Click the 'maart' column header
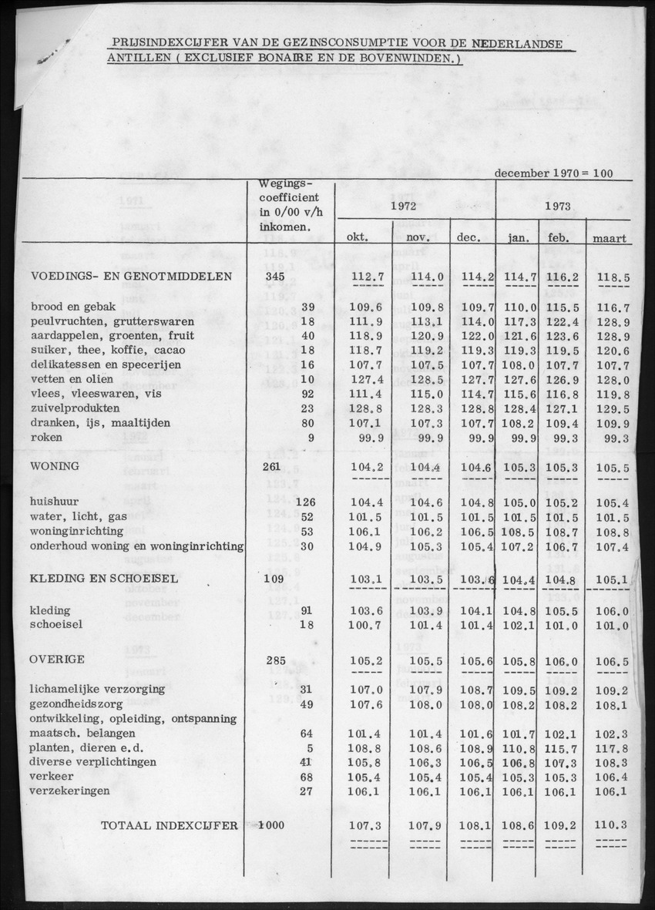pos(609,239)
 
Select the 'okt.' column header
pos(355,238)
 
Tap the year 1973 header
pos(557,207)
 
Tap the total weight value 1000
pos(270,825)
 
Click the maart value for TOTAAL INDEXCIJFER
pos(611,824)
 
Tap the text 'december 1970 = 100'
pos(553,173)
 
